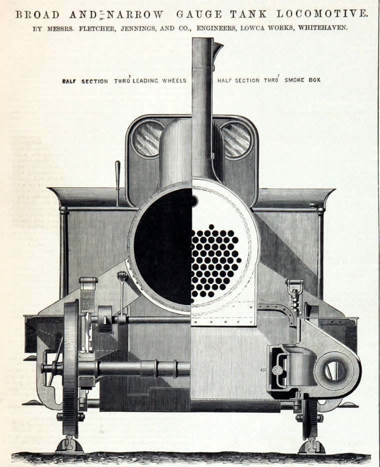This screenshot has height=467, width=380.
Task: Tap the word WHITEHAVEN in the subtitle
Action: [x=323, y=28]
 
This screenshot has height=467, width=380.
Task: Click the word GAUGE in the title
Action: [x=199, y=14]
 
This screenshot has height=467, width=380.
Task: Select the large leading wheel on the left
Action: [x=71, y=369]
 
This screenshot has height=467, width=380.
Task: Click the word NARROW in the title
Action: [x=134, y=14]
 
